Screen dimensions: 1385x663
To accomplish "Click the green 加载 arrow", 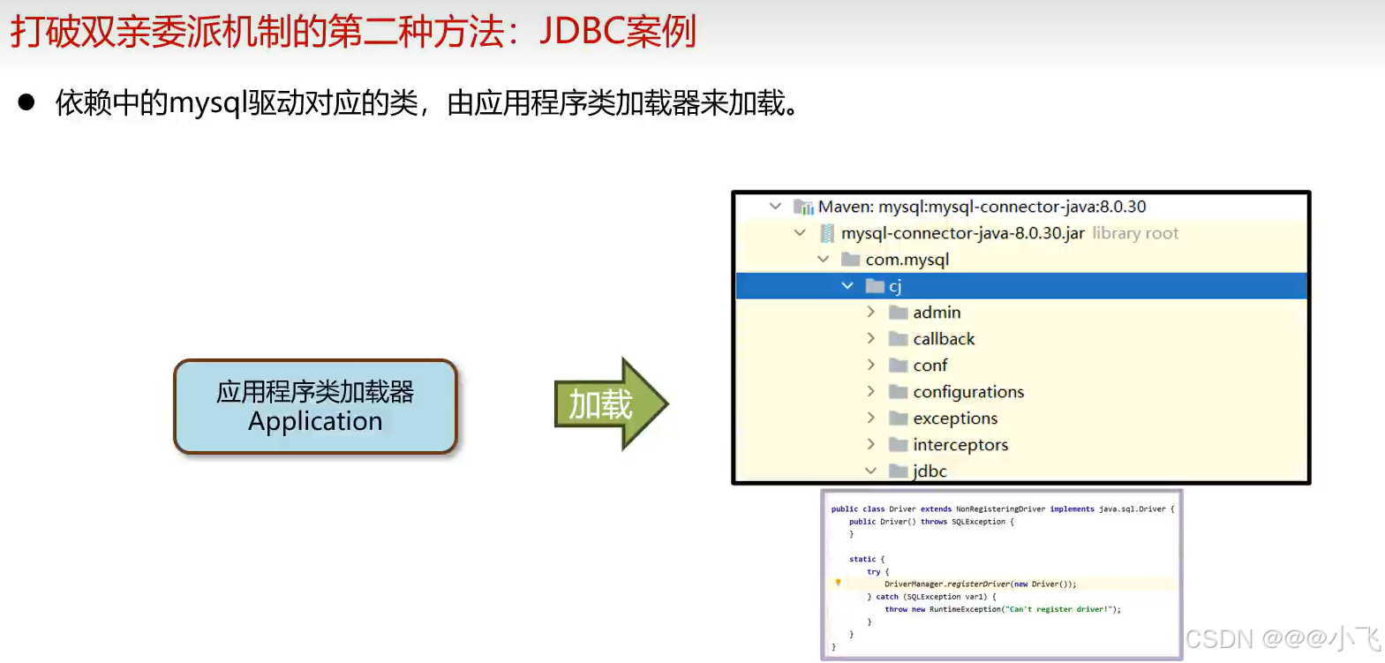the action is click(611, 403).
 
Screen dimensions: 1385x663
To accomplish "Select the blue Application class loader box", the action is click(315, 406).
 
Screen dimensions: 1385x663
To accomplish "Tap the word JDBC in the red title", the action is click(582, 31).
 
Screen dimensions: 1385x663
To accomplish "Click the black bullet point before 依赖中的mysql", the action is click(26, 102).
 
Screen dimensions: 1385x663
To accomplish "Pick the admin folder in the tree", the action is click(937, 313).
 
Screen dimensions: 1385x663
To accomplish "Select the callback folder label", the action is click(944, 339).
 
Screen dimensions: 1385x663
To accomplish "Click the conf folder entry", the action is click(930, 365).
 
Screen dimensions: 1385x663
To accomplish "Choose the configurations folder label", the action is click(968, 392).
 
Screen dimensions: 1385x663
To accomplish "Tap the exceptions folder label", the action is click(955, 418).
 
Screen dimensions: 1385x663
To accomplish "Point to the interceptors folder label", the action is click(960, 445).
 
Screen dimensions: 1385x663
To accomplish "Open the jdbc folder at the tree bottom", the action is click(930, 471).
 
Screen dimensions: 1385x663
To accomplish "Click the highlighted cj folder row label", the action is click(895, 286).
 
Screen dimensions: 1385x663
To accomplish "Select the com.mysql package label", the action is click(907, 260).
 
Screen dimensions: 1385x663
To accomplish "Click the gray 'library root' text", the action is click(1135, 233).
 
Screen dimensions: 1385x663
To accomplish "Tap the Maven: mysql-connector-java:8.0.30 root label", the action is click(982, 207).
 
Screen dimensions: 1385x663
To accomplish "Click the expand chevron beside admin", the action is click(871, 312).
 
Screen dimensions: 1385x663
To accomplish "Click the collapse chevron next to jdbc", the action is click(870, 471).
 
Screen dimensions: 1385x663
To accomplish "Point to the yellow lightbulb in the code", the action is click(838, 582).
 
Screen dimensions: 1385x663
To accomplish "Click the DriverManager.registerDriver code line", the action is click(980, 584).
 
